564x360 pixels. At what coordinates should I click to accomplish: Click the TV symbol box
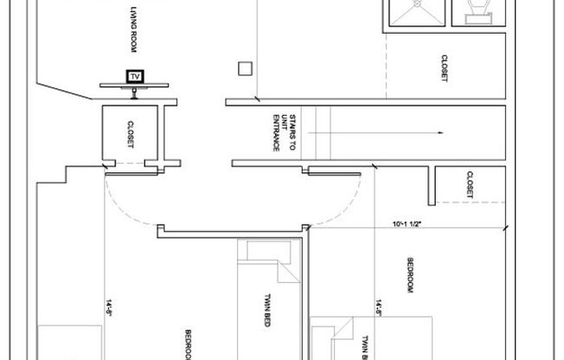(134, 76)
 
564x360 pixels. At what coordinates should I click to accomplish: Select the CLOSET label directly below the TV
(131, 134)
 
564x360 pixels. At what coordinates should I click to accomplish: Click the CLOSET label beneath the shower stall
(444, 68)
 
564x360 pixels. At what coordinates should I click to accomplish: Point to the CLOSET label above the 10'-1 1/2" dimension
(468, 183)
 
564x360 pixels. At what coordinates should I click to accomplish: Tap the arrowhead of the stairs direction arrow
(440, 132)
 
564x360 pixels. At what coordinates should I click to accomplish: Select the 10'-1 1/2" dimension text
(406, 224)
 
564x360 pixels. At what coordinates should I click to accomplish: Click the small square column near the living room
(246, 68)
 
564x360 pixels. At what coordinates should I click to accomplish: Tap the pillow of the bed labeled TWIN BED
(260, 251)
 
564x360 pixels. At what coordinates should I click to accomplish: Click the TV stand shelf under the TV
(133, 85)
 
